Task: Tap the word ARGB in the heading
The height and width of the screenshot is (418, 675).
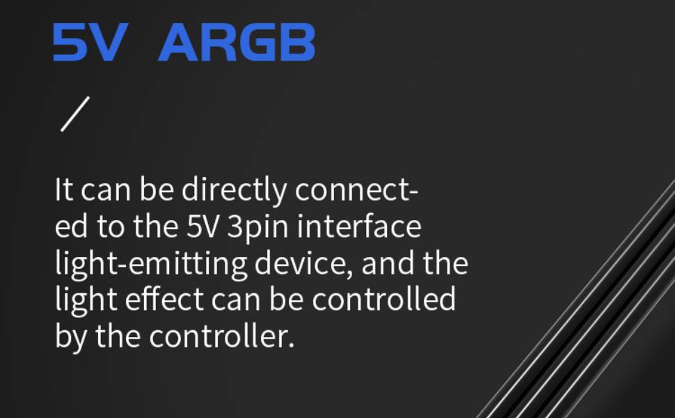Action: pyautogui.click(x=237, y=42)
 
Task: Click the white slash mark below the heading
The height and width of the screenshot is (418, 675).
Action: pyautogui.click(x=75, y=114)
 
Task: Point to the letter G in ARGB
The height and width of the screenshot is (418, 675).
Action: pyautogui.click(x=254, y=42)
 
